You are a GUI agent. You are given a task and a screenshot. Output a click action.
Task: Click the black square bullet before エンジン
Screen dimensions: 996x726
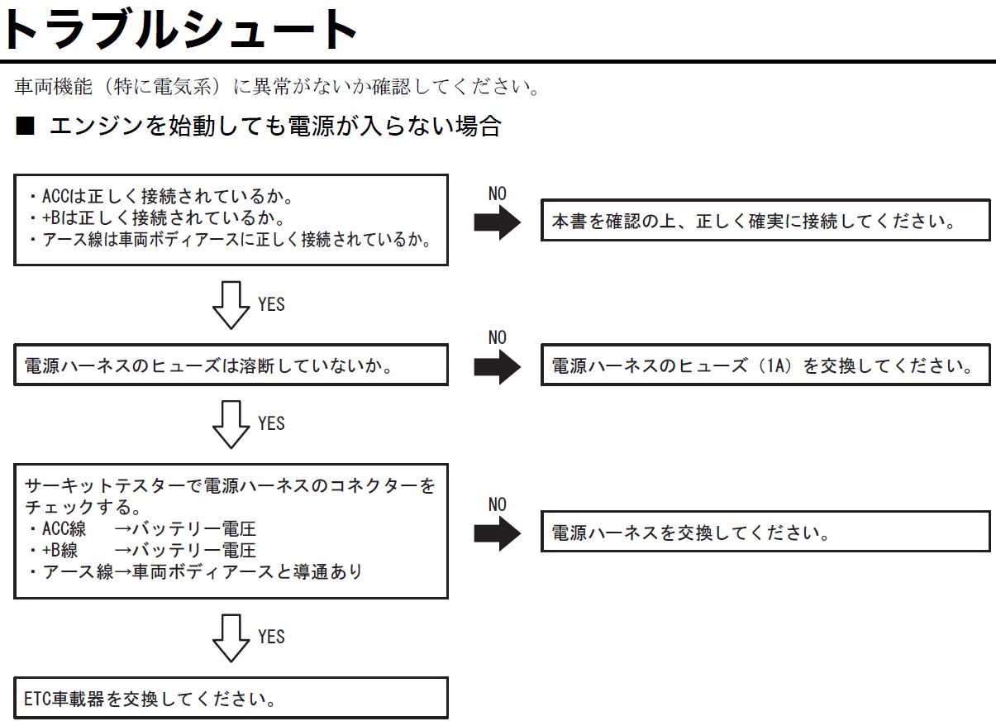pyautogui.click(x=25, y=126)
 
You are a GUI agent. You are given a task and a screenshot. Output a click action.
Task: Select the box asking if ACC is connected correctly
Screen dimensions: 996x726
pyautogui.click(x=231, y=220)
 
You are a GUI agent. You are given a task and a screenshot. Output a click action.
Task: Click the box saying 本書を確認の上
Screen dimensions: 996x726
pyautogui.click(x=765, y=220)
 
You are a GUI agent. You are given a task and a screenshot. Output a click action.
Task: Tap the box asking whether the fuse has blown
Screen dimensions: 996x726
pyautogui.click(x=231, y=365)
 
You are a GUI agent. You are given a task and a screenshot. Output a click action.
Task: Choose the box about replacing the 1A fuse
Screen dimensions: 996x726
pyautogui.click(x=765, y=365)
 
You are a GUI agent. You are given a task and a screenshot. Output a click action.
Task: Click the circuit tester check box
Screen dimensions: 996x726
pyautogui.click(x=231, y=531)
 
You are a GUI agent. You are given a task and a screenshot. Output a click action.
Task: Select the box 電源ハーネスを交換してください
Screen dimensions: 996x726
pyautogui.click(x=765, y=532)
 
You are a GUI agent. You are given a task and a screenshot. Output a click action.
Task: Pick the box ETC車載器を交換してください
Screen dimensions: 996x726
pyautogui.click(x=231, y=698)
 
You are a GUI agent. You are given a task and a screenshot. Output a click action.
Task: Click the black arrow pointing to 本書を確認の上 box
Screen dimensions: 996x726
pyautogui.click(x=497, y=222)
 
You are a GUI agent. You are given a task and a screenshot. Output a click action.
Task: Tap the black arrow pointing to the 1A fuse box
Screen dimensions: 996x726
pyautogui.click(x=497, y=367)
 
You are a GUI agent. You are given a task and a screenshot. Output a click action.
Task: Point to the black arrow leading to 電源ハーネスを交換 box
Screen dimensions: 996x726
pyautogui.click(x=497, y=533)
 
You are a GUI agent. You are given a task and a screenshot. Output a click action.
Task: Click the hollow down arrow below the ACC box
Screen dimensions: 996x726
pyautogui.click(x=231, y=305)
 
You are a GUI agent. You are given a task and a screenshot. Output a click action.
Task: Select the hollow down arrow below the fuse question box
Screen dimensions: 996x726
pyautogui.click(x=231, y=424)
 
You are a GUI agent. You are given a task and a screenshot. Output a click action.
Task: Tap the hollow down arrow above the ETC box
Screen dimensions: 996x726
pyautogui.click(x=231, y=638)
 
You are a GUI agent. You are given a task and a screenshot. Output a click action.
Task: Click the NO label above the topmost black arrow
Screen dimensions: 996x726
pyautogui.click(x=497, y=193)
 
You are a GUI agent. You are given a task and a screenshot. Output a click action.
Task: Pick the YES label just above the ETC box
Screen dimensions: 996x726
pyautogui.click(x=271, y=637)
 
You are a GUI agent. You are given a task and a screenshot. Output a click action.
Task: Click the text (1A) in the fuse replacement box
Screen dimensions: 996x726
pyautogui.click(x=776, y=365)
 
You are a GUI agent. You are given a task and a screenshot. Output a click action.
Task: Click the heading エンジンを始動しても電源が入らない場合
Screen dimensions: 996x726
pyautogui.click(x=276, y=126)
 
